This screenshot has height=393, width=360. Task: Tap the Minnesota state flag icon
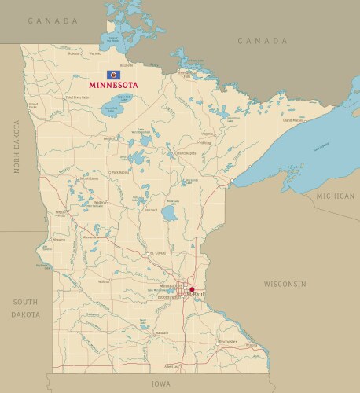tap(112, 75)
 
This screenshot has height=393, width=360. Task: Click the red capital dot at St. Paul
tap(192, 289)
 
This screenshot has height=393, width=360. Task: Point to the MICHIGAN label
tap(335, 194)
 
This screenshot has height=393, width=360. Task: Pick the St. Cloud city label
tap(157, 253)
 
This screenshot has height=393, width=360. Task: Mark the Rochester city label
tap(228, 342)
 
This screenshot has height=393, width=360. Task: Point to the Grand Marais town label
tap(292, 120)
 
